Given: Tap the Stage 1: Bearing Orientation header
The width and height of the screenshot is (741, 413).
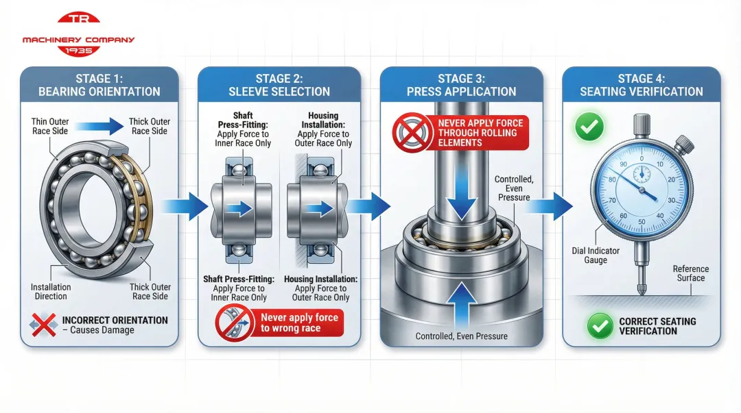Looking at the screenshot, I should [x=99, y=85].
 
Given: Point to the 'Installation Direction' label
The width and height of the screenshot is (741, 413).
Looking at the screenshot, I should [x=51, y=292].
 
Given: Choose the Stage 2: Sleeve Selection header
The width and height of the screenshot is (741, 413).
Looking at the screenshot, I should [x=279, y=85].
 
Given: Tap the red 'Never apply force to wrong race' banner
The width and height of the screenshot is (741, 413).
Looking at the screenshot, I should [x=299, y=323].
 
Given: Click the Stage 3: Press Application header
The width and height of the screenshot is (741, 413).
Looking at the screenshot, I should [x=461, y=85].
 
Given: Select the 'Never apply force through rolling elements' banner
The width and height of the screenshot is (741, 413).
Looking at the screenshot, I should [x=480, y=133].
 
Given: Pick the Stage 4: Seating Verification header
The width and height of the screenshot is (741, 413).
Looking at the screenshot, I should [x=641, y=85].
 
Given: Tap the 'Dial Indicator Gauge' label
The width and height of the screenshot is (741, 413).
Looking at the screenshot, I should [x=596, y=255].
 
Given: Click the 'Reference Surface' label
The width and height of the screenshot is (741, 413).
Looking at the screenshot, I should [x=690, y=273].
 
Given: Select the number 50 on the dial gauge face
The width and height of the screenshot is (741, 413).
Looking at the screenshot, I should [x=642, y=222].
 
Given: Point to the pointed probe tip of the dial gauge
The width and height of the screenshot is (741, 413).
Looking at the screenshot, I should [x=640, y=290].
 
